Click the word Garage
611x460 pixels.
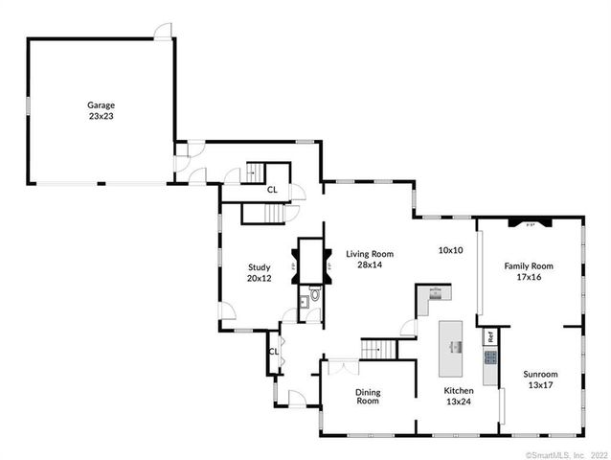click(101, 104)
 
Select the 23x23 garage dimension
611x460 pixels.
click(101, 115)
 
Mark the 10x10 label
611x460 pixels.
click(451, 250)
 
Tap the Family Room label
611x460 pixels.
click(529, 265)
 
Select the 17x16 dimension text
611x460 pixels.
click(529, 276)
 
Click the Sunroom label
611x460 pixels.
click(540, 374)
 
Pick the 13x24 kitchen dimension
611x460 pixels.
click(459, 401)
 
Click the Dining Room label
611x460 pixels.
click(368, 396)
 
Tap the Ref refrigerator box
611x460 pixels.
click(490, 336)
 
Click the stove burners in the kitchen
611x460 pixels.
click(490, 358)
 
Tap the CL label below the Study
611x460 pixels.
click(273, 352)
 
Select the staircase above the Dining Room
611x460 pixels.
click(378, 349)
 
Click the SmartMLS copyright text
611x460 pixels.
click(566, 453)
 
